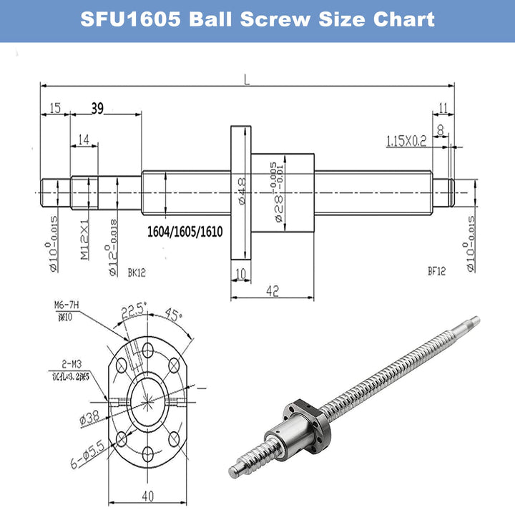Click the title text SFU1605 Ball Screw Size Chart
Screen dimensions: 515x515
tap(257, 19)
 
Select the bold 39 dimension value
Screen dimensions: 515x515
tap(98, 108)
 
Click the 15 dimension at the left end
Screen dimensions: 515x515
tap(54, 108)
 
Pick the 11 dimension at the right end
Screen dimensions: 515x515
tap(443, 108)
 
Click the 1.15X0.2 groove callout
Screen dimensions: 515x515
tap(406, 142)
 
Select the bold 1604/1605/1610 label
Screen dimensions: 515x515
tap(185, 232)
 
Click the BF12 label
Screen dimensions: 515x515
tap(438, 272)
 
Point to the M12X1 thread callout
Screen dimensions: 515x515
tap(84, 242)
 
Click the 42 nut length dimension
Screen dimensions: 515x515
tap(273, 290)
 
